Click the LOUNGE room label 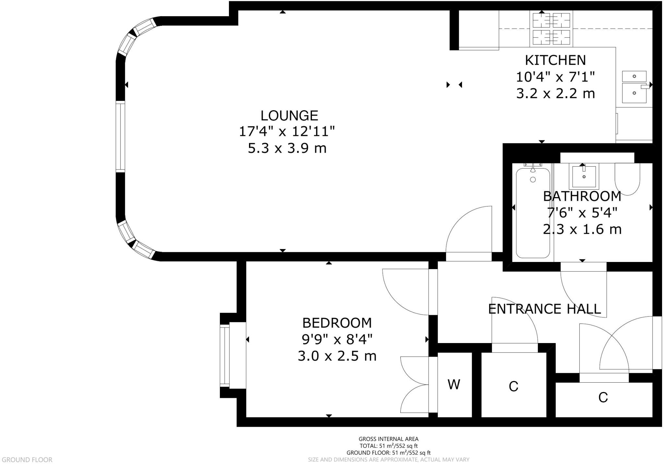click(289, 116)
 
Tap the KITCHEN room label click(555, 60)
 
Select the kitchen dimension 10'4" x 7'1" click(555, 77)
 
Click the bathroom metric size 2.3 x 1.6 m click(582, 230)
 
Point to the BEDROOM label click(337, 323)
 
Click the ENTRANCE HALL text click(544, 309)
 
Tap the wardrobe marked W click(454, 385)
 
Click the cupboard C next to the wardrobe click(513, 386)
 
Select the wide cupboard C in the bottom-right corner click(603, 397)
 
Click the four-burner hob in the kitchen click(551, 29)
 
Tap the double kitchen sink click(634, 87)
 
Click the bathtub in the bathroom click(533, 213)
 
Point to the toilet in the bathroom click(627, 179)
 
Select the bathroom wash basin click(584, 176)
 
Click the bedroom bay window click(225, 355)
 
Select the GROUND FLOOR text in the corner click(27, 459)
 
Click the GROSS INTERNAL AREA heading click(388, 439)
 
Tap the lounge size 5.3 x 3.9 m click(287, 149)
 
